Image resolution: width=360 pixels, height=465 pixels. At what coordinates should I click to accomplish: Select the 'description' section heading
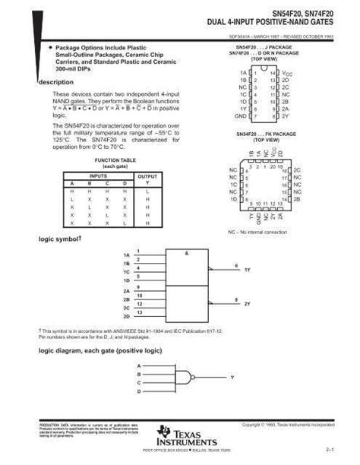[55, 82]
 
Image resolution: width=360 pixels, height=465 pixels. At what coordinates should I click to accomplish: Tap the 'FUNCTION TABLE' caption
[115, 161]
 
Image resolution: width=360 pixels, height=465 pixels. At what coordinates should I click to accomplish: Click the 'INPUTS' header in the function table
[99, 176]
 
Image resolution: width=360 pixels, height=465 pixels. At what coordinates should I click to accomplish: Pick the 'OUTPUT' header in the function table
[147, 176]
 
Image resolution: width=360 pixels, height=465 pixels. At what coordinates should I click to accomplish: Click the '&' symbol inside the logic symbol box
[186, 254]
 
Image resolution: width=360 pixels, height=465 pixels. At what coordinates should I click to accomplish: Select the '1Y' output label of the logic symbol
[247, 270]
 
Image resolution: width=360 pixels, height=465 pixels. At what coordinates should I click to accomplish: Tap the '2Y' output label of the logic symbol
[247, 303]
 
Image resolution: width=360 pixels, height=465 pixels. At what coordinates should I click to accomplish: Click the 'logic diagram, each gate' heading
[100, 351]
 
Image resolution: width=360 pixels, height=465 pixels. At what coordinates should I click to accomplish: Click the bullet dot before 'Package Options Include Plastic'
[50, 47]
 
